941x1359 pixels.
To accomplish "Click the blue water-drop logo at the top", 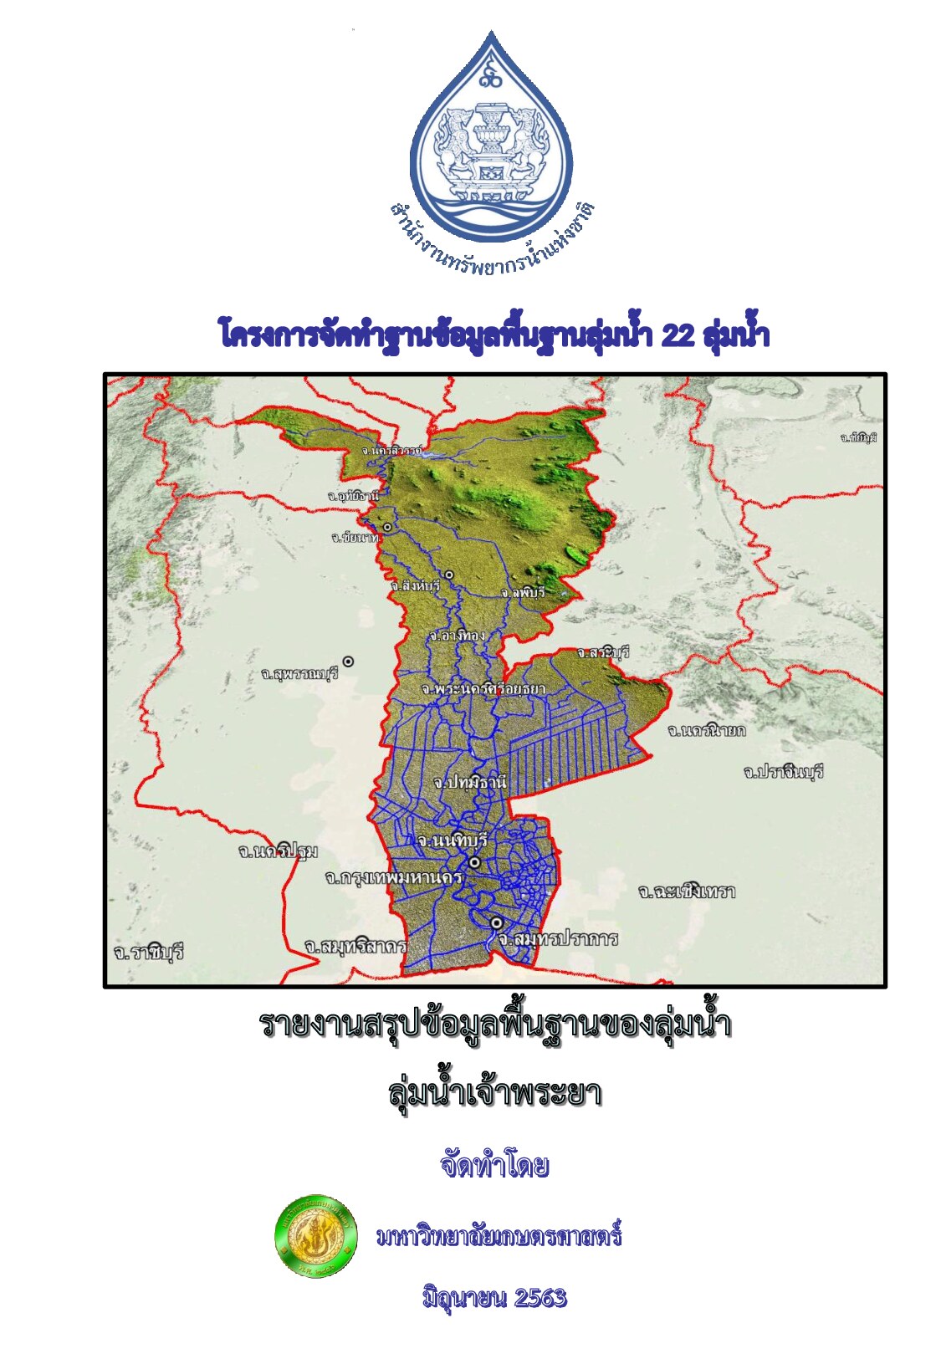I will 491,134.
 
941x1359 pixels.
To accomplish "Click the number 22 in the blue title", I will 678,335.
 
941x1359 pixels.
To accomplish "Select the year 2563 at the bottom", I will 540,1298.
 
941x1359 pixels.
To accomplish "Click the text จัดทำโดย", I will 494,1165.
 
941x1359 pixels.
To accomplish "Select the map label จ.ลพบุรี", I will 523,592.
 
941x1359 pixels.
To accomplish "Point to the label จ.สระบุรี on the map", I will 602,652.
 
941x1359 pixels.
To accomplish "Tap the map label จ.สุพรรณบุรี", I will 299,673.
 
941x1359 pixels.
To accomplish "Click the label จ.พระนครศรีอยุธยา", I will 483,689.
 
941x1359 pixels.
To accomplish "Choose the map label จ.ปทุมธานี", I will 470,783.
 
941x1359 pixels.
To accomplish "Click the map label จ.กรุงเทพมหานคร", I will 393,878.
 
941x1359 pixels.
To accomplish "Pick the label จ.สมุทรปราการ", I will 557,939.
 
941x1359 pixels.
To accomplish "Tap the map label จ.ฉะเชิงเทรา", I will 687,892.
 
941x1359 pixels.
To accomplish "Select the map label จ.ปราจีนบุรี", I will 783,771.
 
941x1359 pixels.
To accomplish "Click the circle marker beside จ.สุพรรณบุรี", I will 348,662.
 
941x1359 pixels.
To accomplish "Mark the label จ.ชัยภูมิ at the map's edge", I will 858,437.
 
